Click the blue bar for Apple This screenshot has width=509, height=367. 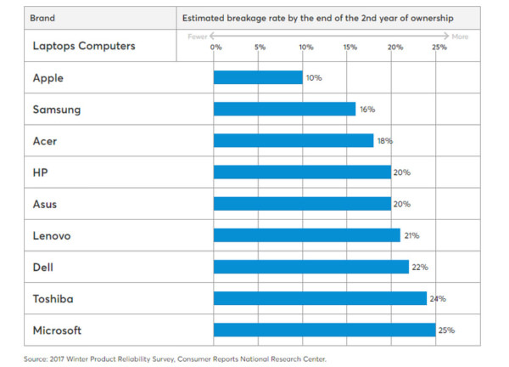pos(258,77)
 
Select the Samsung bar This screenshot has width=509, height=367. pos(284,109)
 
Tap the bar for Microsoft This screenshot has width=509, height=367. pos(324,330)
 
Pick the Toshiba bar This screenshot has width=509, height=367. pos(320,298)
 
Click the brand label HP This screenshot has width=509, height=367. pos(39,172)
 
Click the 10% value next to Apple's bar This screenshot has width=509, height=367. pos(313,77)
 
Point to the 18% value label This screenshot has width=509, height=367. pos(384,141)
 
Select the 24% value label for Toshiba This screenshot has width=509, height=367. pos(438,298)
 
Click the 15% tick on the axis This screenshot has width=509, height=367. pos(350,47)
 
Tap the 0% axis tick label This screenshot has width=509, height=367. pos(215,47)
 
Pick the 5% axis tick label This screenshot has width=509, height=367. pos(260,47)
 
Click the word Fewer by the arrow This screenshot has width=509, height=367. pos(197,37)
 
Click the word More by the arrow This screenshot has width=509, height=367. pos(460,37)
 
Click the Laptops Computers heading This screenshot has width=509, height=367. pos(82,46)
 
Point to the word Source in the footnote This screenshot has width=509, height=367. pos(36,359)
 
